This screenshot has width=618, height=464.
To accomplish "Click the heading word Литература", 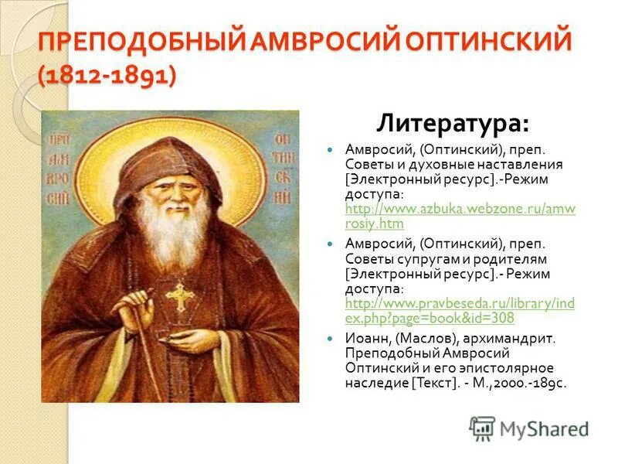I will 453,123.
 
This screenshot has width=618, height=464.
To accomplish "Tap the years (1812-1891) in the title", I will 107,75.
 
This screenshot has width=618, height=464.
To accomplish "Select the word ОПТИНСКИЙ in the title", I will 484,39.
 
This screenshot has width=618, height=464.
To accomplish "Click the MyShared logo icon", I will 482,428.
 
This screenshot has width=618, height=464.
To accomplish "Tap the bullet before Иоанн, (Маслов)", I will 329,339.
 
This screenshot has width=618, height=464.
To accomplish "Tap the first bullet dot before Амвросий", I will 329,150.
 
